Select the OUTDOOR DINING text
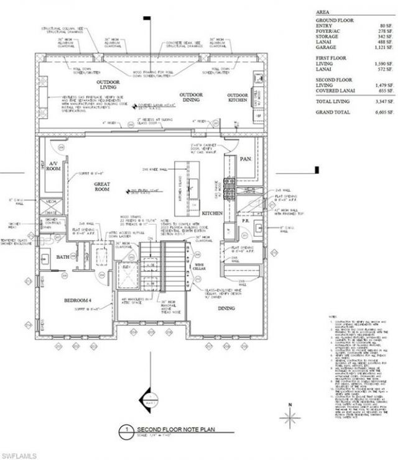click(192, 98)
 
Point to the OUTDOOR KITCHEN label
click(237, 98)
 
